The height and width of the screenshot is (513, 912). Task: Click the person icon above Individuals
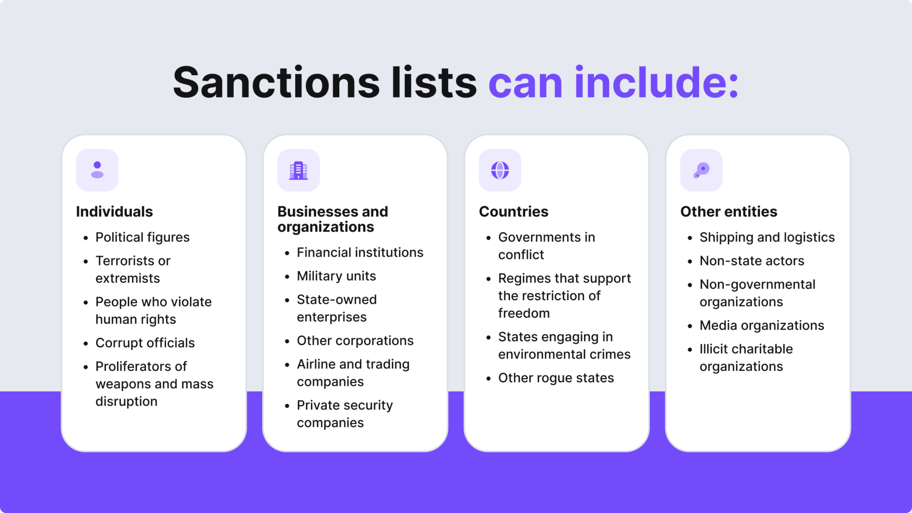pos(97,170)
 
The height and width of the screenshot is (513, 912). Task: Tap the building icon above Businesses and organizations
pos(298,170)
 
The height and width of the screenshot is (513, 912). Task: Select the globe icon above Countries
pos(500,170)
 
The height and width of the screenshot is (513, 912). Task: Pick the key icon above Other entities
pos(701,170)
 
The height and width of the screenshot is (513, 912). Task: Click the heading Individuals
pos(114,212)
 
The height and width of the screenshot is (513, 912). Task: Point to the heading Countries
pos(513,212)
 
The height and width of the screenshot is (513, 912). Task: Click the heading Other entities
pos(729,212)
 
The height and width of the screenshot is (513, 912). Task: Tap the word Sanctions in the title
pos(276,83)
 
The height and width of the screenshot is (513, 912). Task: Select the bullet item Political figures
pos(142,237)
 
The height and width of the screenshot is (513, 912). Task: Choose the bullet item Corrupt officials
pos(145,343)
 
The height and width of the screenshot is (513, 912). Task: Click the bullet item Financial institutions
pos(360,252)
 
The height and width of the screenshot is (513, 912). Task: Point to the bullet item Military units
pos(336,276)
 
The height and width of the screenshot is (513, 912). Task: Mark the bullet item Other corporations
pos(355,341)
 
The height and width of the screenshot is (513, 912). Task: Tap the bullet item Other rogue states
pos(556,378)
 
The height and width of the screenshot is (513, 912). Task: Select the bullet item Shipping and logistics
pos(767,237)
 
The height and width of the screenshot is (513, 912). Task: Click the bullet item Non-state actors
pos(752,261)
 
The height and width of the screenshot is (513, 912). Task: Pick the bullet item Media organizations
pos(761,326)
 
